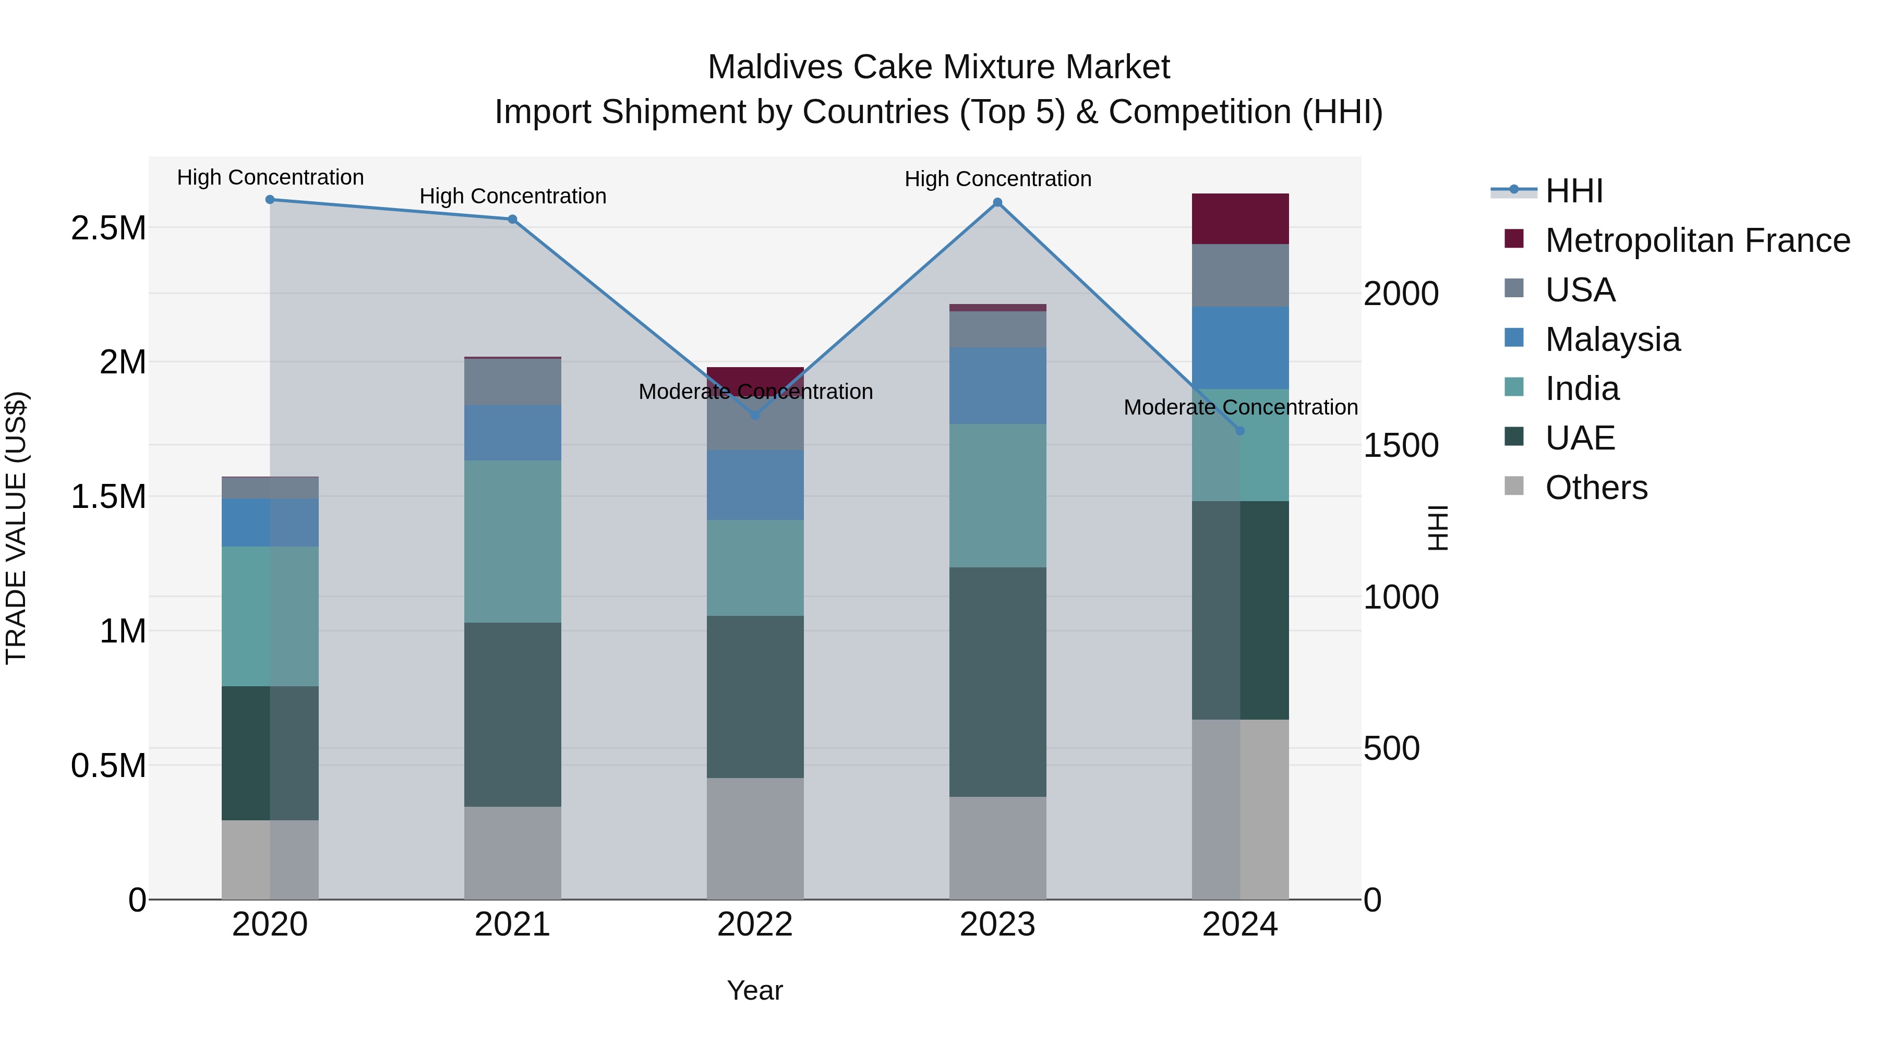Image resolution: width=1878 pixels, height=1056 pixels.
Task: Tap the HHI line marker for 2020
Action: click(x=270, y=200)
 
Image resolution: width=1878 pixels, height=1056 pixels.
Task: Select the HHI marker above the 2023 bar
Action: click(x=997, y=203)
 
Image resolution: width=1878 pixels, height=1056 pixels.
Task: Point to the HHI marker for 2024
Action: click(x=1240, y=431)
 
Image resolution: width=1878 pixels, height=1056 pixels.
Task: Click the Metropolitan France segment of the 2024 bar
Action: click(x=1240, y=219)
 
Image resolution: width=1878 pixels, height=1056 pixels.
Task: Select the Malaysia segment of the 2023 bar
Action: click(x=997, y=385)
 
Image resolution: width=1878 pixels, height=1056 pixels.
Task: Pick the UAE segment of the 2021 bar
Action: click(x=512, y=714)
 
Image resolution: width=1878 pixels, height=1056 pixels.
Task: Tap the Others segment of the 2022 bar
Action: click(x=755, y=838)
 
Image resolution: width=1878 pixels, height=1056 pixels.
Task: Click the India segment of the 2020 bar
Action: click(x=270, y=616)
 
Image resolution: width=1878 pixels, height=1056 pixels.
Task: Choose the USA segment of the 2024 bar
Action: click(x=1240, y=275)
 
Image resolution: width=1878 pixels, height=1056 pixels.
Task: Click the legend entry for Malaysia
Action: click(x=1612, y=339)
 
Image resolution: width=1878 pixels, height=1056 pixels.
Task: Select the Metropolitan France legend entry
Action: click(x=1697, y=240)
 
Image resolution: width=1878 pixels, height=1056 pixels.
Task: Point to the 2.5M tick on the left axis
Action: click(x=108, y=228)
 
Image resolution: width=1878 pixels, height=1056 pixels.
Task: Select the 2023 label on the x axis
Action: click(x=997, y=925)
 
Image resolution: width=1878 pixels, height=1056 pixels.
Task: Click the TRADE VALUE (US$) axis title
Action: click(x=16, y=528)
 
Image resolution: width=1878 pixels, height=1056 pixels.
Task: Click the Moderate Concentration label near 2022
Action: click(x=755, y=392)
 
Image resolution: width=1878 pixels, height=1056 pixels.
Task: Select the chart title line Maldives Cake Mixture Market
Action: click(x=938, y=67)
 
